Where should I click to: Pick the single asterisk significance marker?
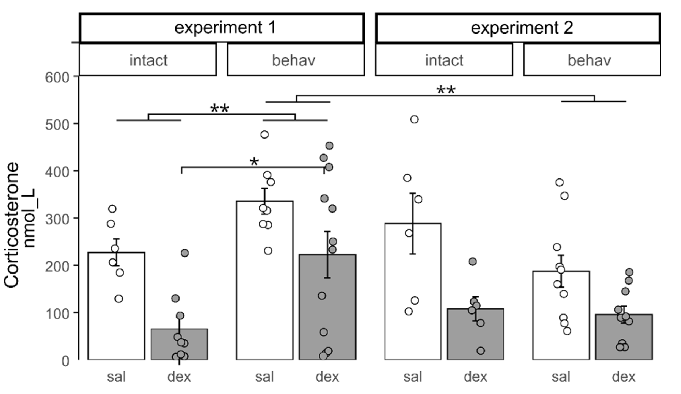coord(254,162)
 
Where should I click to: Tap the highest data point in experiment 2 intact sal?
coord(414,120)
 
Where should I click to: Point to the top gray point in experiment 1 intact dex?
coord(185,253)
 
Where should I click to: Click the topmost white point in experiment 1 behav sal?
coord(264,135)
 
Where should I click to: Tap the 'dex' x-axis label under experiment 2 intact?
coord(475,377)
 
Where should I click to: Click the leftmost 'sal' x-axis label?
coord(116,377)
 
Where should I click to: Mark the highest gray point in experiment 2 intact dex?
coord(473,261)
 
